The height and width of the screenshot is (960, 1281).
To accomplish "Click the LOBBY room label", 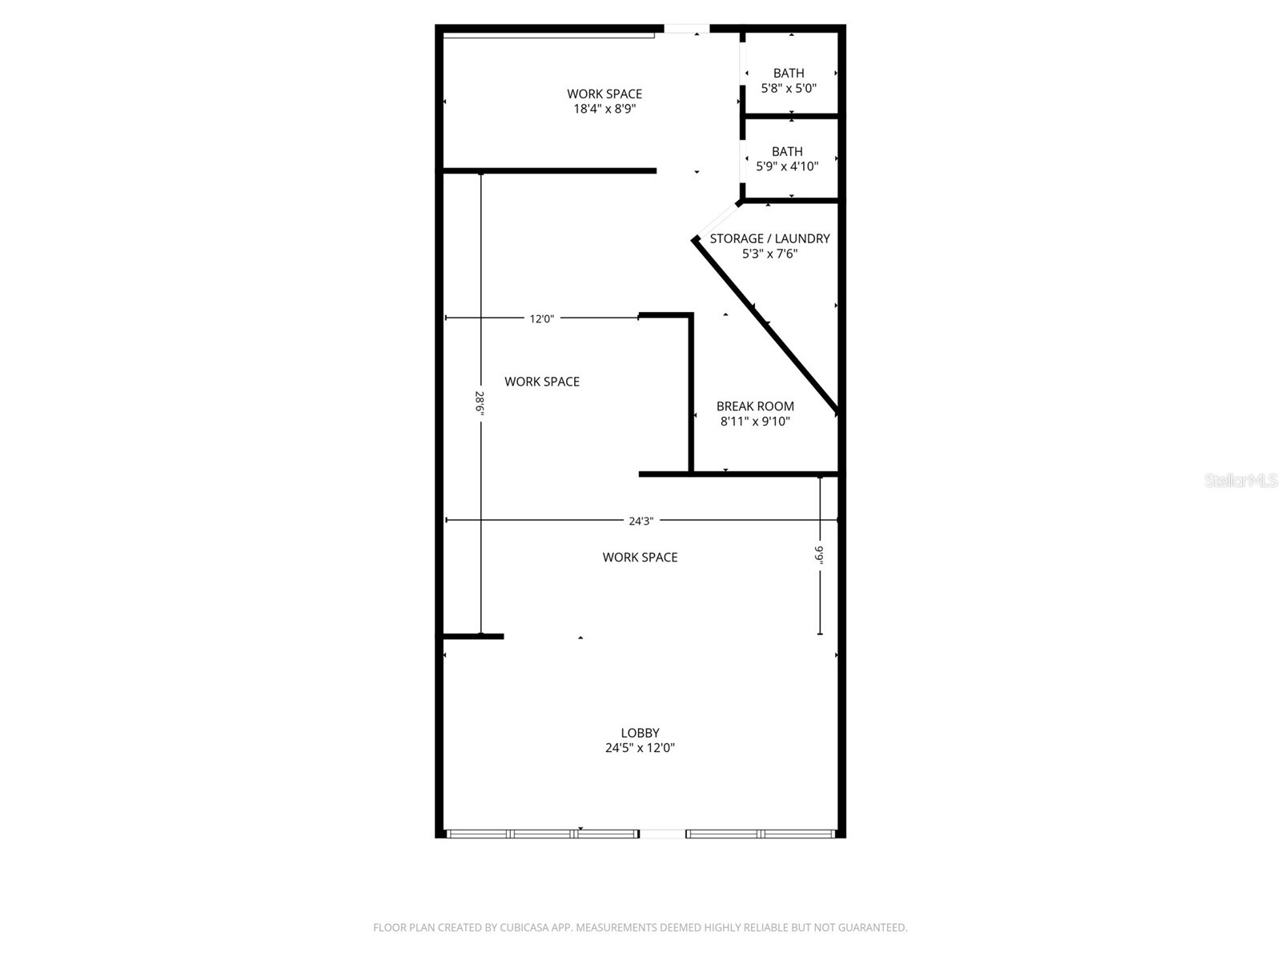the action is point(640,733).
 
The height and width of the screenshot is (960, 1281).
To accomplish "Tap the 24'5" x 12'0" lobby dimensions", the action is point(640,748).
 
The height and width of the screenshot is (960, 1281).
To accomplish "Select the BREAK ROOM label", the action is point(755,406).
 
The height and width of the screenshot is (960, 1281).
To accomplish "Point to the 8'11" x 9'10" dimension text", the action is point(755,422).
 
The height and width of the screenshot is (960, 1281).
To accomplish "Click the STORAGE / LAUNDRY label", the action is point(769,238).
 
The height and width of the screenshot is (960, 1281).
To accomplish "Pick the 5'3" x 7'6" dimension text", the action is point(769,254).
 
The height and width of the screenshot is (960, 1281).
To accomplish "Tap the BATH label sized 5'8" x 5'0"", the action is point(789,74).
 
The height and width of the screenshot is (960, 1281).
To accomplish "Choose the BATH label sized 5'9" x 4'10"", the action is point(787,151).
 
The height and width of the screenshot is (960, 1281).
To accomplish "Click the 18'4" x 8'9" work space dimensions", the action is point(604,109).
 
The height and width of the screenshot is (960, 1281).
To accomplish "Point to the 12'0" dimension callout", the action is point(541,319).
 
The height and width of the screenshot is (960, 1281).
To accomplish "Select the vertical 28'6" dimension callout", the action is point(480,402).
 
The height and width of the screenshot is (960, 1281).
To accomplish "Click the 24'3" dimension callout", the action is point(640,521).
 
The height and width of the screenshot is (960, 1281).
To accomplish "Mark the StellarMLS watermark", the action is point(1241,480).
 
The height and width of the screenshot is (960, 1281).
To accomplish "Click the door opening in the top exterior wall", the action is point(686,28).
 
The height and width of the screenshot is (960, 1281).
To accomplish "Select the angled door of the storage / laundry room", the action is point(717,220).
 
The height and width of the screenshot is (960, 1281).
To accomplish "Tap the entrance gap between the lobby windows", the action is point(662,834).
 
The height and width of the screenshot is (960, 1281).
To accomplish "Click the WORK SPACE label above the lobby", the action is point(640,558).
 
